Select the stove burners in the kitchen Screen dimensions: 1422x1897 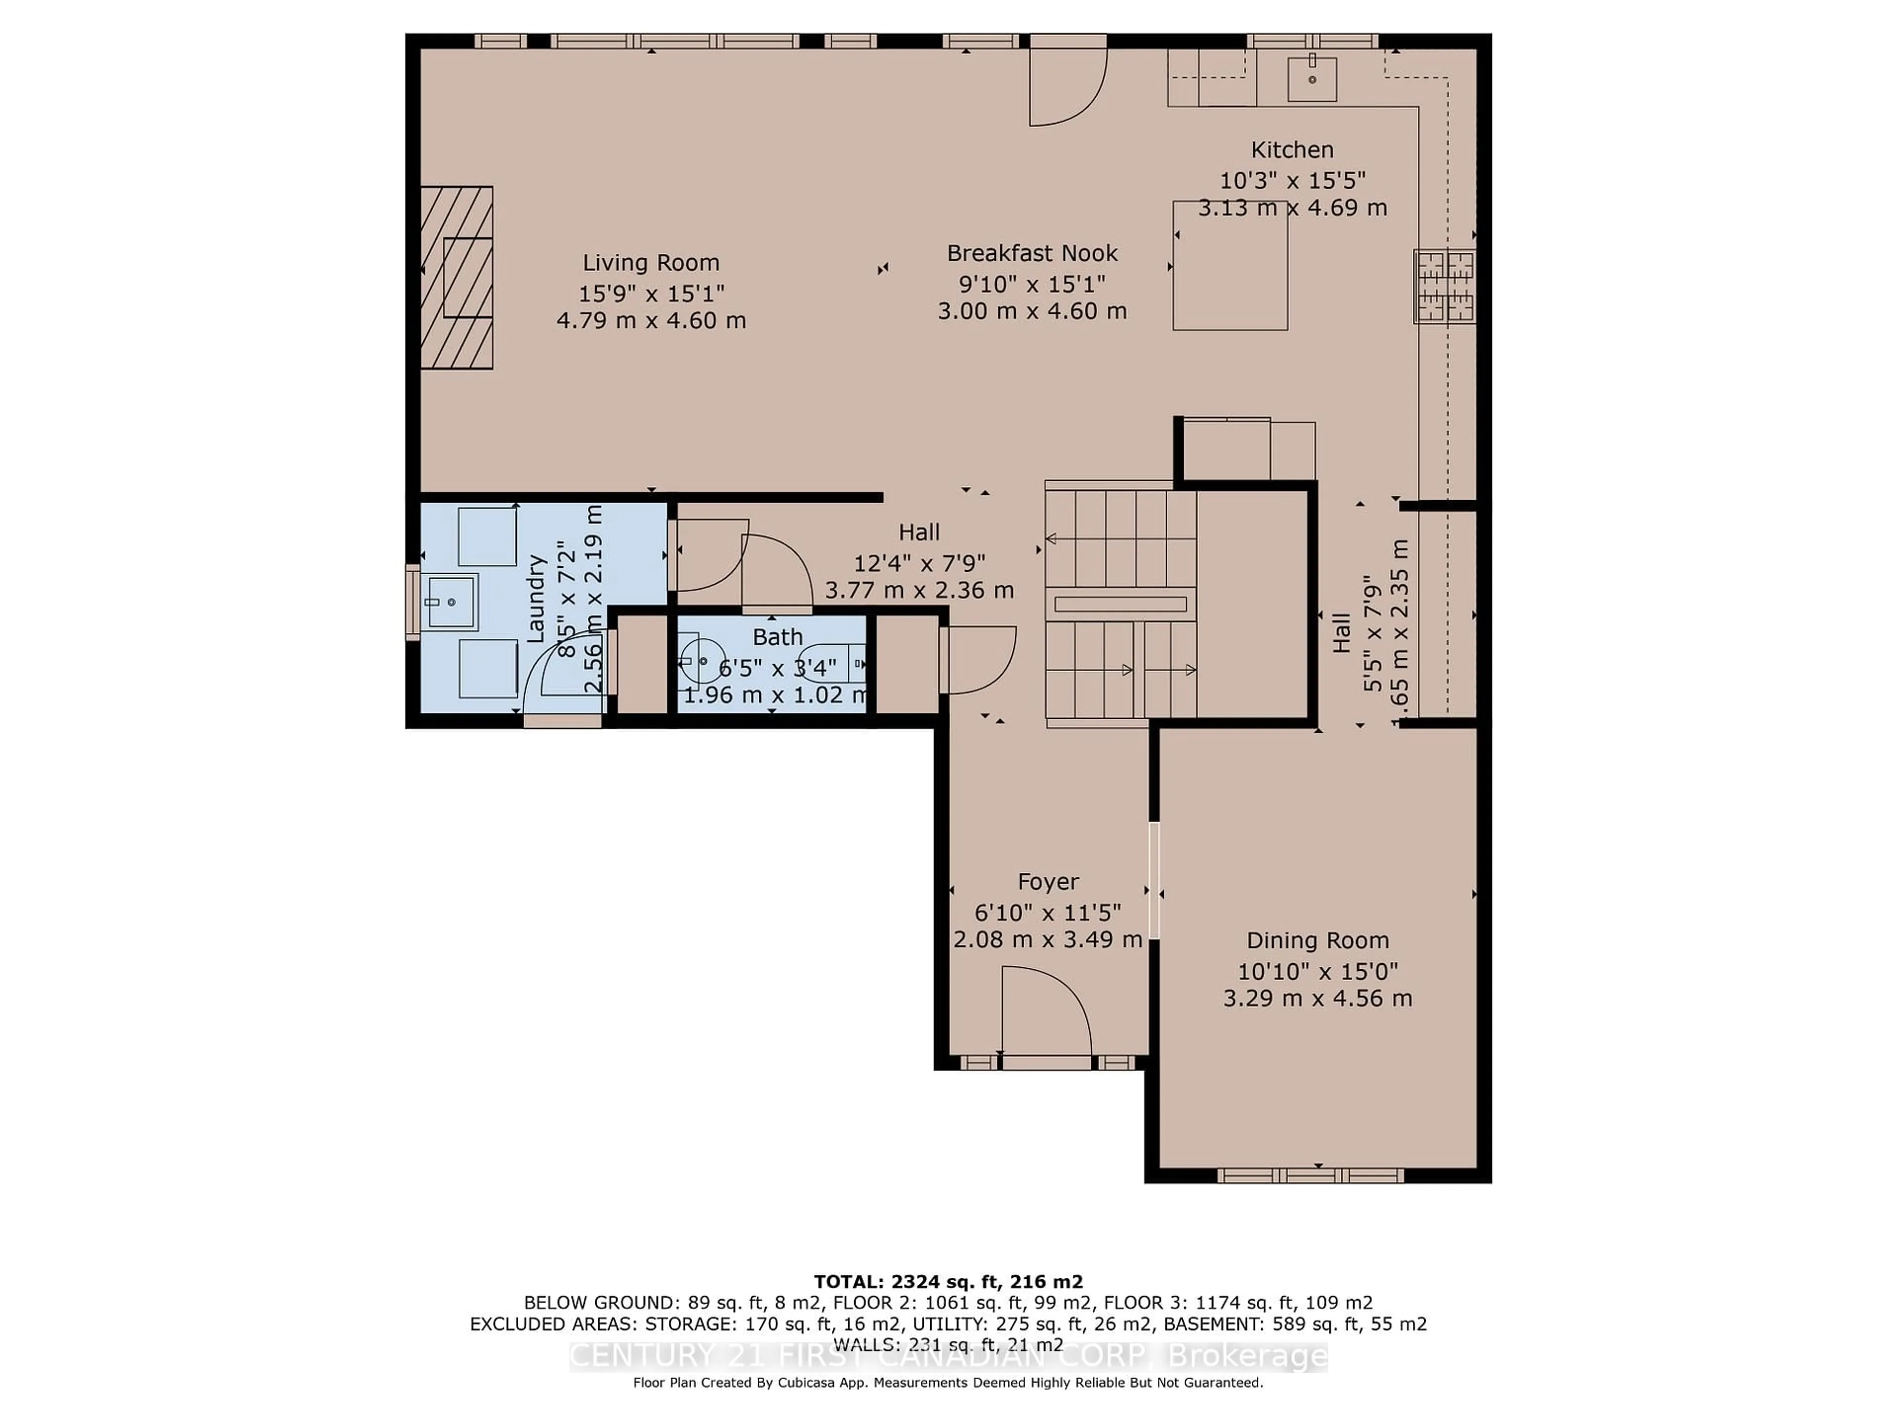point(1445,286)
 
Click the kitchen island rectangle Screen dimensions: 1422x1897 point(1230,266)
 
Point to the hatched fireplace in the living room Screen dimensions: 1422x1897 point(456,277)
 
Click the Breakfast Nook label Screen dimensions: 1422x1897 point(1031,254)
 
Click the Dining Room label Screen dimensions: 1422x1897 point(1317,940)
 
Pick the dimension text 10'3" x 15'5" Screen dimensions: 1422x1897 point(1292,181)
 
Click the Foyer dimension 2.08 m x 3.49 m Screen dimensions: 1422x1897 point(1048,940)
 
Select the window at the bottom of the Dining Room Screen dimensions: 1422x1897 point(1310,1175)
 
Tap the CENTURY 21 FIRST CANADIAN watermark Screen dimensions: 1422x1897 point(858,1356)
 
